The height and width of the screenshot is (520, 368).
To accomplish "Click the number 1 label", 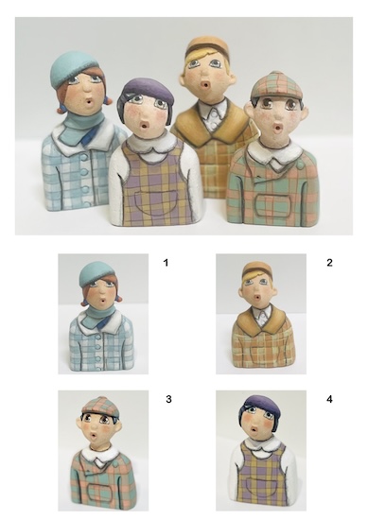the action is point(166,263).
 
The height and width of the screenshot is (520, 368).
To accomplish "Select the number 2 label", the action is point(329,263).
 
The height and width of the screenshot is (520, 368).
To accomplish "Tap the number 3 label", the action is point(168,399).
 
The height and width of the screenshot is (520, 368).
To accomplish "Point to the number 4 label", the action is point(329,399).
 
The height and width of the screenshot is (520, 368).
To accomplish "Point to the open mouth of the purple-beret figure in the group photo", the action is point(145,126).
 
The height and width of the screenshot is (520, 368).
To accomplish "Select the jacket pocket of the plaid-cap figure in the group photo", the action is point(273,205).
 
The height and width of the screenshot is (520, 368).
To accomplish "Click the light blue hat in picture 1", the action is point(96,273).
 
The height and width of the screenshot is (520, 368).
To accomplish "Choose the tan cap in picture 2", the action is point(258,269).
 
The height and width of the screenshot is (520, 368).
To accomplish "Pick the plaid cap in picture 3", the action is point(100,406).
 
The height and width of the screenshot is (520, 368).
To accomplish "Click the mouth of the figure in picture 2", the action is point(257,298).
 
